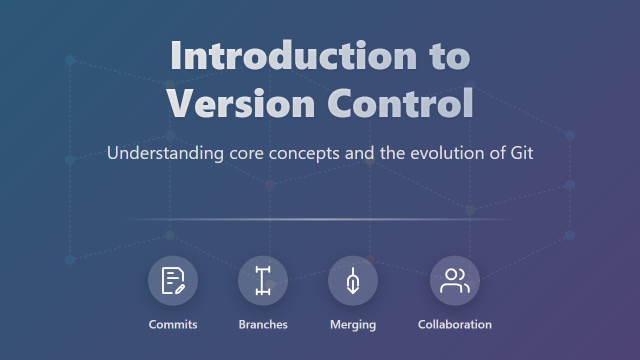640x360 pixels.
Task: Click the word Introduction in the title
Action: tap(293, 55)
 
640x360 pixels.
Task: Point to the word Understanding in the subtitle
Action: tap(165, 153)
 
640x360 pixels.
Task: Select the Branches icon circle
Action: tap(263, 280)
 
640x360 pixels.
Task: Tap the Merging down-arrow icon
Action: tap(352, 281)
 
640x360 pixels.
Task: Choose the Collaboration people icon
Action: tap(454, 280)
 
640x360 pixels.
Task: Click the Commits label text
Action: tap(173, 324)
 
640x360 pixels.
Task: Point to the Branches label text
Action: tap(263, 324)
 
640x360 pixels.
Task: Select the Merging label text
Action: tap(353, 324)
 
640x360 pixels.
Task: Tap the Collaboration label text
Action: tap(454, 324)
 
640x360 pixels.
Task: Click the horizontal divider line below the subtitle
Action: tap(320, 219)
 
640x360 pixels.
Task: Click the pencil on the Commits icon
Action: tap(180, 288)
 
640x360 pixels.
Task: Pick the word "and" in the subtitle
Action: tap(360, 153)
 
